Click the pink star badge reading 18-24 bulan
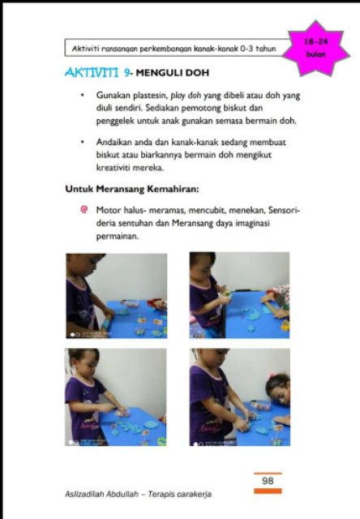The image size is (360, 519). (x=317, y=49)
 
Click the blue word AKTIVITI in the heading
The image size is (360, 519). (x=92, y=72)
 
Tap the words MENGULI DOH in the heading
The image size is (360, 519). (x=173, y=73)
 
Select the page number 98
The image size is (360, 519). (x=268, y=481)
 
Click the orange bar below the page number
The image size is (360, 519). (x=268, y=491)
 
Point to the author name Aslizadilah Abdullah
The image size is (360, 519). (x=101, y=494)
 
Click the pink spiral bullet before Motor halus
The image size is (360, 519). (x=84, y=209)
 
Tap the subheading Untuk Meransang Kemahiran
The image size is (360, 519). (x=132, y=189)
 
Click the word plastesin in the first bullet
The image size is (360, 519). (x=150, y=96)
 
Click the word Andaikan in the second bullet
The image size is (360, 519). (x=112, y=143)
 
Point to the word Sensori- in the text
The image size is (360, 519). (x=284, y=210)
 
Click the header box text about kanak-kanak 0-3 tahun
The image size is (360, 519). (x=174, y=49)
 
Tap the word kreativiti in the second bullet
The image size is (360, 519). (x=113, y=168)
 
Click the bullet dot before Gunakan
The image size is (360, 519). (x=83, y=96)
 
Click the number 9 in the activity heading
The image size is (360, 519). (x=126, y=72)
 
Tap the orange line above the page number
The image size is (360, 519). (x=268, y=474)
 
